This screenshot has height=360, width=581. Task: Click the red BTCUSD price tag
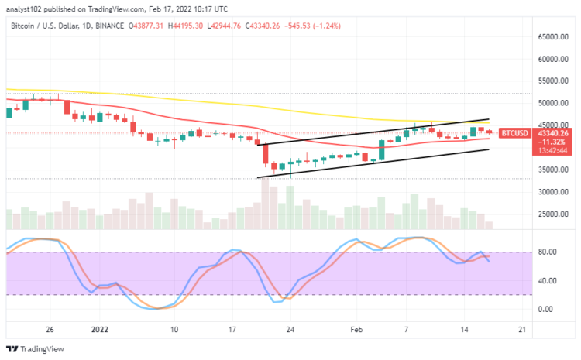tap(514, 133)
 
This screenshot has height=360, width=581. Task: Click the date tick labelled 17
tap(232, 329)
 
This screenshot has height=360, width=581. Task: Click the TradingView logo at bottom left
tap(34, 348)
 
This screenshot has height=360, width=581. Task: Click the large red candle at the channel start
tap(265, 154)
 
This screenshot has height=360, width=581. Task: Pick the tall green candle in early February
tap(381, 149)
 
